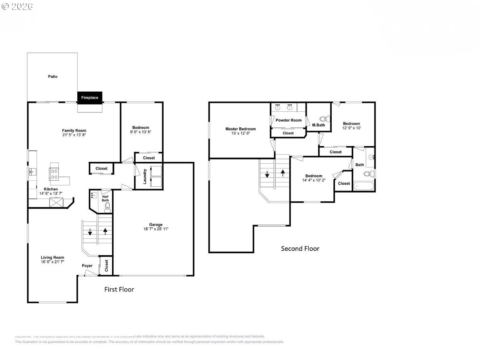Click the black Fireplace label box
point(90,97)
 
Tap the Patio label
point(53,77)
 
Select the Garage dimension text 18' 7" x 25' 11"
point(156,229)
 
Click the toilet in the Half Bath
point(107,209)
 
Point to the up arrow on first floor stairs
point(105,231)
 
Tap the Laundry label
point(145,177)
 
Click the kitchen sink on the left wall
point(32,172)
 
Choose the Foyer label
point(87,266)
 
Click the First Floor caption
point(119,289)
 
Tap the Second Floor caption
point(300,249)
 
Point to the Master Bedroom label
point(240,129)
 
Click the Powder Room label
point(289,120)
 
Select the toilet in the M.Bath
point(327,119)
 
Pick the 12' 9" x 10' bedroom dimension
point(351,128)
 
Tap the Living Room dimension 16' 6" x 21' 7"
point(53,262)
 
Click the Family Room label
point(74,130)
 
